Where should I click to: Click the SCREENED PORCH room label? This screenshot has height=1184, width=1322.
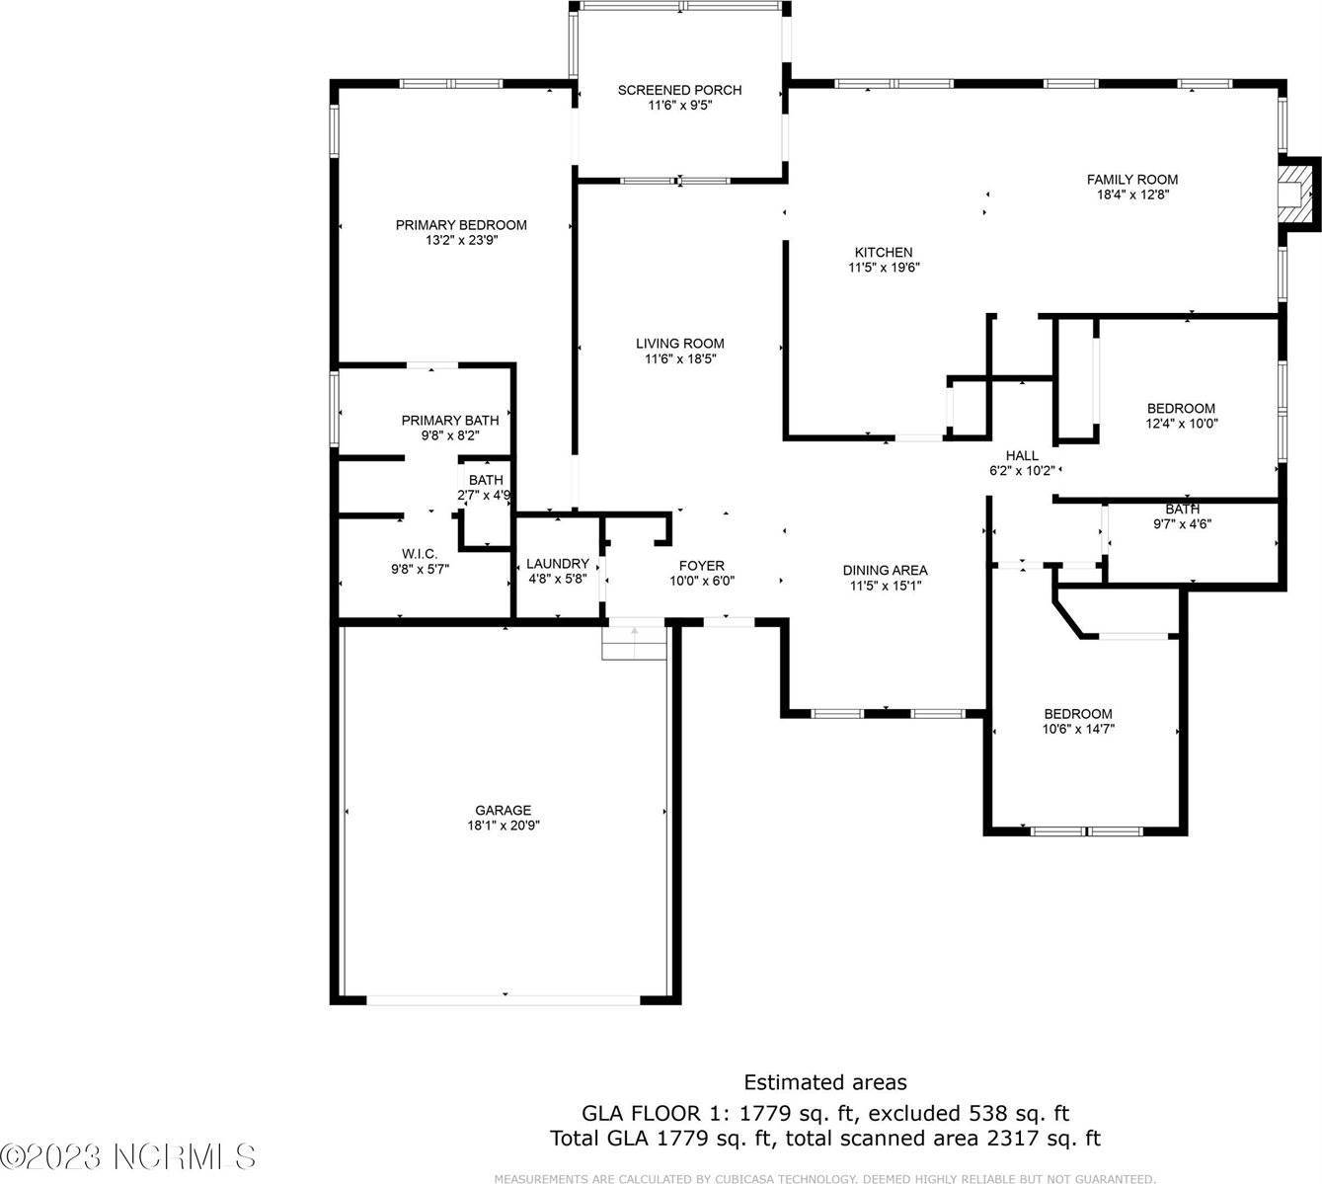tap(679, 90)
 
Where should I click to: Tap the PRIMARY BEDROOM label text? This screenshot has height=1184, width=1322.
tap(461, 225)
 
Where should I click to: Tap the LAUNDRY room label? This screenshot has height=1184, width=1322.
tap(557, 564)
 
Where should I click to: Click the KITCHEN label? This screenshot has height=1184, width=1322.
tap(884, 252)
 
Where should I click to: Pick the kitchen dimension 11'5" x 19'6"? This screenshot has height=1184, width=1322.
tap(884, 267)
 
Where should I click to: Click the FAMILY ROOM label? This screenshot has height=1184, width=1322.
tap(1132, 180)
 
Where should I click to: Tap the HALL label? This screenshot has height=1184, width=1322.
tap(1022, 455)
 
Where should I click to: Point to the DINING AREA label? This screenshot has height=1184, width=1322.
tap(885, 570)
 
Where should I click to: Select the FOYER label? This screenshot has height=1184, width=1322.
tap(702, 566)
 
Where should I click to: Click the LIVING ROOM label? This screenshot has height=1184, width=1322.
tap(679, 344)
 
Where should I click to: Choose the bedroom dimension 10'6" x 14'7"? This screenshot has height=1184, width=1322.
tap(1078, 729)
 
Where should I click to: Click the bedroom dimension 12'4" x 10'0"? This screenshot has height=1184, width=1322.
tap(1180, 424)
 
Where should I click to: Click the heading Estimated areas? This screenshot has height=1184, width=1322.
tap(824, 1083)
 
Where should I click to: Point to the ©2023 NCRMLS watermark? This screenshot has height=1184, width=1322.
tap(128, 1156)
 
